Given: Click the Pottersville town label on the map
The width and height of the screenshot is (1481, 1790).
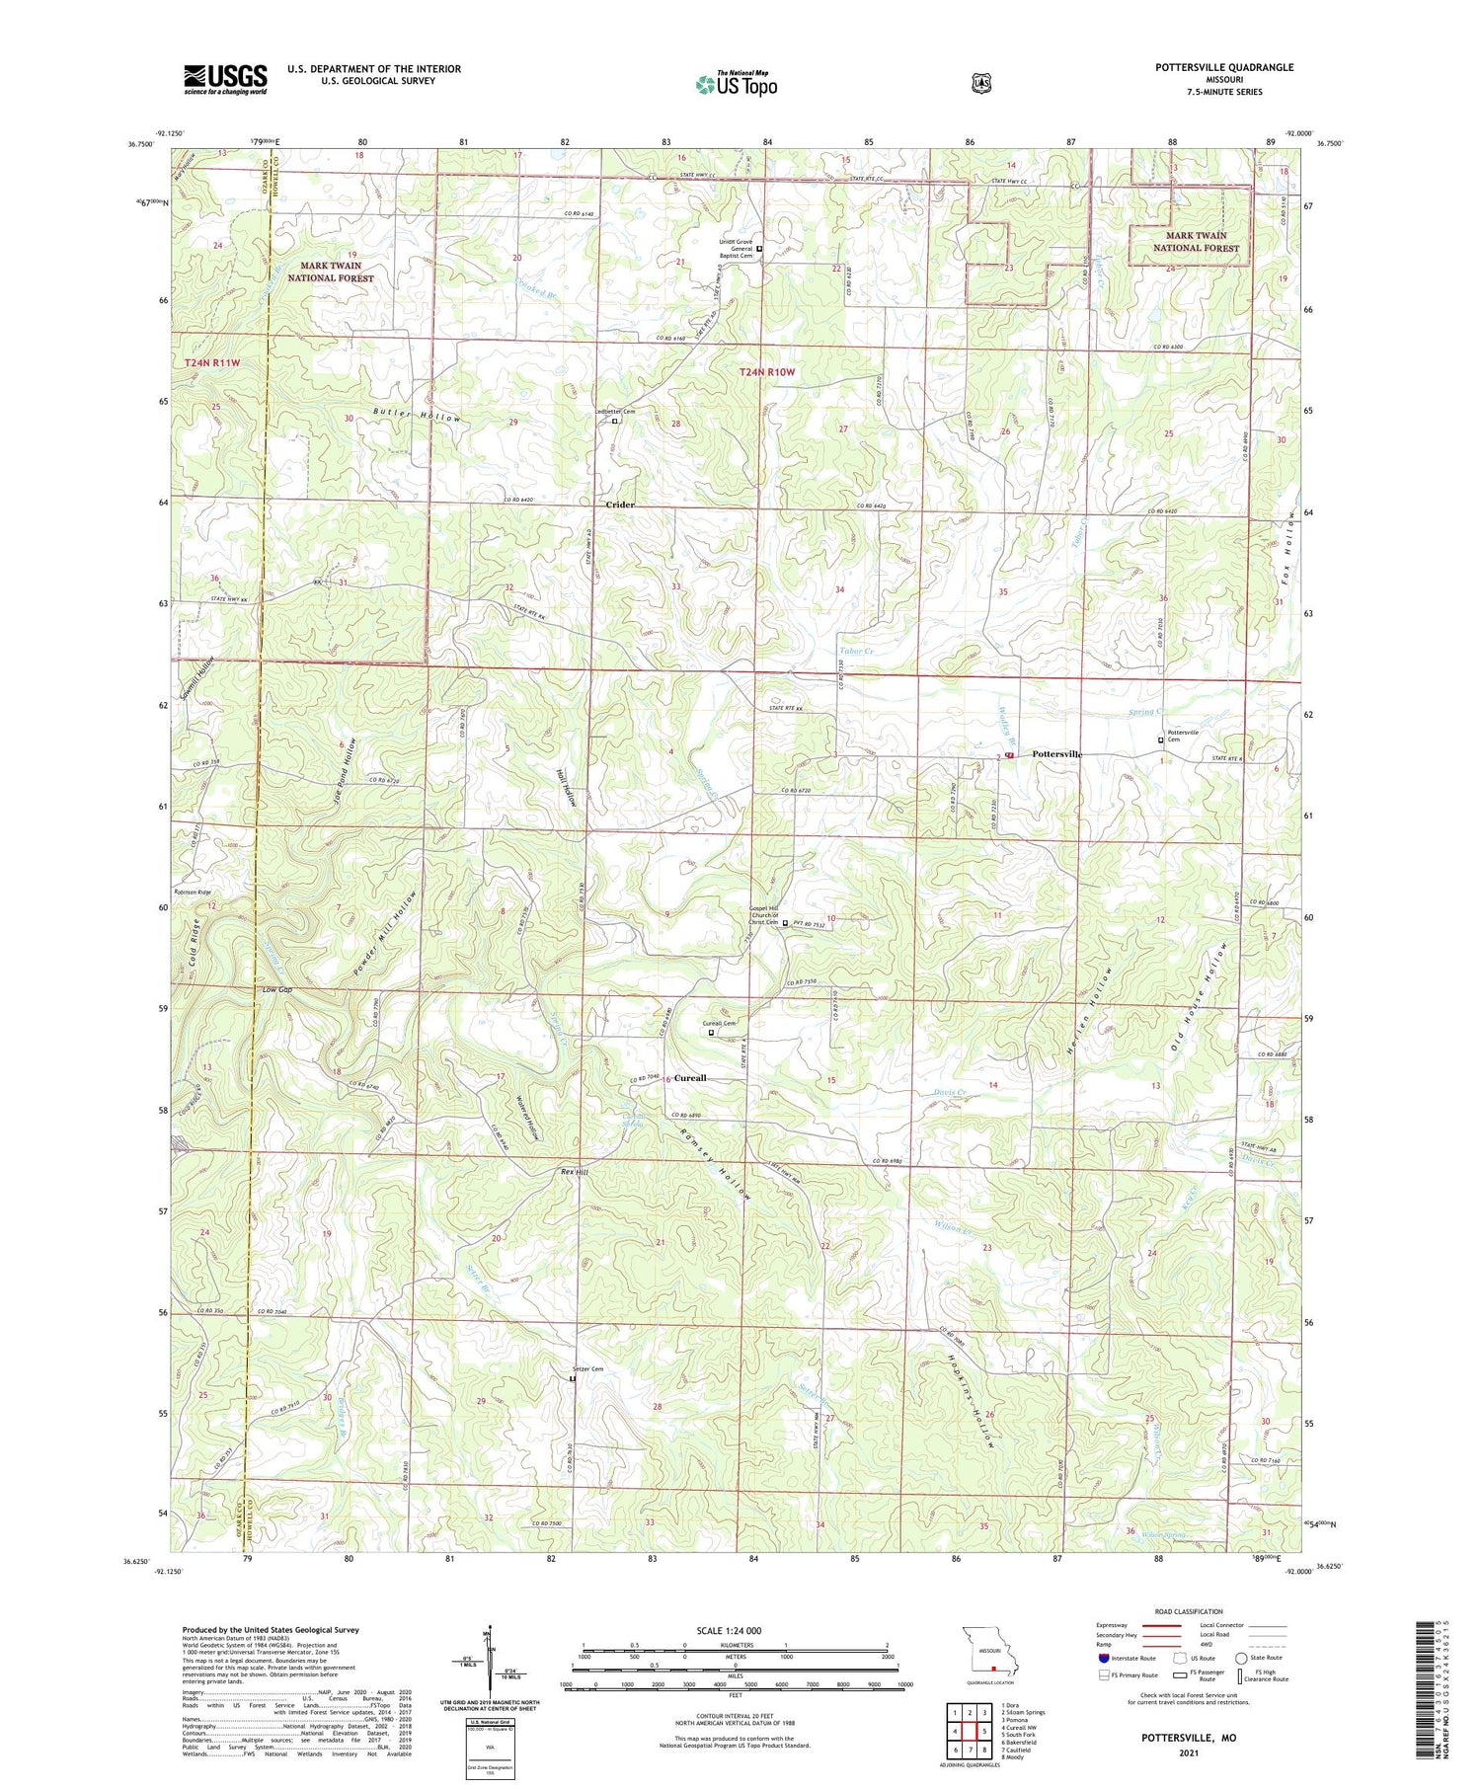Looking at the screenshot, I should tap(1056, 754).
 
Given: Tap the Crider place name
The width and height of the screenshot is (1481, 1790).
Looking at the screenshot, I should tap(620, 505).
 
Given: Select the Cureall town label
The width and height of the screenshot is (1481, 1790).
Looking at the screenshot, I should tap(690, 1078).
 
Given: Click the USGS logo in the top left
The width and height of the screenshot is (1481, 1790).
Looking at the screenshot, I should tap(225, 79).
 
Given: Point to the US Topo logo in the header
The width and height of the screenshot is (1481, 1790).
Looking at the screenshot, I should tap(737, 84).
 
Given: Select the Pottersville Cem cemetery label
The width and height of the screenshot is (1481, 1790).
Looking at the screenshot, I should tap(1182, 736).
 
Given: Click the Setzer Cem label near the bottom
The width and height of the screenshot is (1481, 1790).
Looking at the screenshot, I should tap(587, 1369).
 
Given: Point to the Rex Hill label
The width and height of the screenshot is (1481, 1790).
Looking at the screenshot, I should tap(574, 1172).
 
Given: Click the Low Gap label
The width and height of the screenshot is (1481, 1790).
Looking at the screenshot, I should tap(276, 989).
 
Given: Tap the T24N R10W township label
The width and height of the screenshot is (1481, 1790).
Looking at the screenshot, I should tap(767, 372).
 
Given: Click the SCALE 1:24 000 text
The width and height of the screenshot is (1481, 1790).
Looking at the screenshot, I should tap(729, 1631).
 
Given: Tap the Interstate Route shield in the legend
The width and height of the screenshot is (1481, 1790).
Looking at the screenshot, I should tap(1104, 1658).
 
